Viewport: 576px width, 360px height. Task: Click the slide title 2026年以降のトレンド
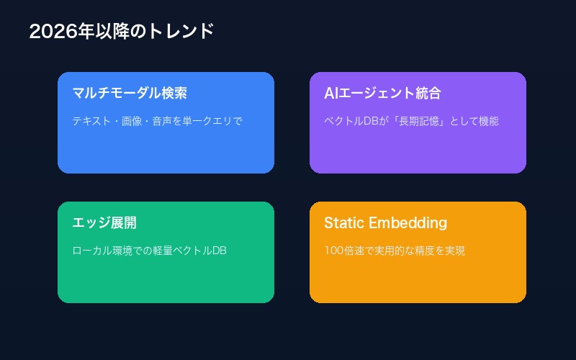(x=122, y=32)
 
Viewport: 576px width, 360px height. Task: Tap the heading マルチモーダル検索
(x=130, y=94)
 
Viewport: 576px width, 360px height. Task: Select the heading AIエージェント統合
(x=382, y=94)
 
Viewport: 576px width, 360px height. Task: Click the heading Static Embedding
(x=385, y=223)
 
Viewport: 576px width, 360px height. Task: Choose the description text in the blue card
(x=157, y=121)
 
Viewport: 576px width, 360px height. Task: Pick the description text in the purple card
(x=411, y=121)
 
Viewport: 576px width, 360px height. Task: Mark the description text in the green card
(x=150, y=251)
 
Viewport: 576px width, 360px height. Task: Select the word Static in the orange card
(x=344, y=223)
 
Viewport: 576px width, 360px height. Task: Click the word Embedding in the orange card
(x=408, y=223)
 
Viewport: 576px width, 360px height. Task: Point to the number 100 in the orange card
(x=333, y=251)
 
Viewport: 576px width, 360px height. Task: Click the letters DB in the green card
(x=219, y=251)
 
